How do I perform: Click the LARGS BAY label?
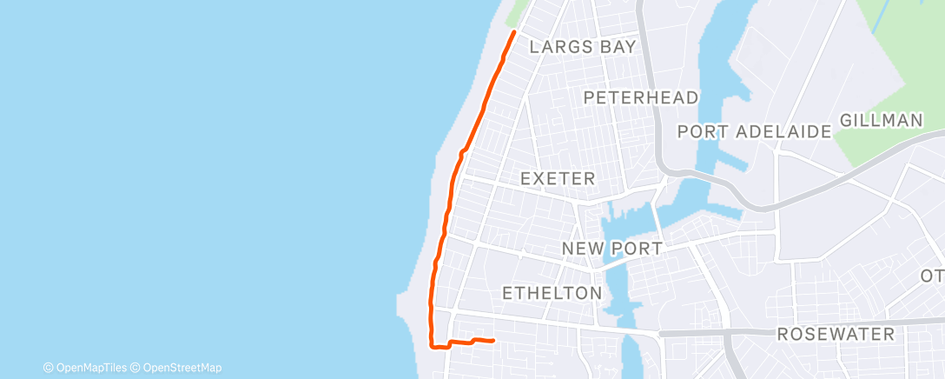click(583, 47)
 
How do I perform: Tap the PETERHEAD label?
click(641, 97)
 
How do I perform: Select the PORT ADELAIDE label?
click(755, 132)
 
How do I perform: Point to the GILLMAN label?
click(881, 121)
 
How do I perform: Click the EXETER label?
click(558, 179)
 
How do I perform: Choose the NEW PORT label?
click(611, 249)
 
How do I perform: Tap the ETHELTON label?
click(552, 293)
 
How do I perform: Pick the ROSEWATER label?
click(836, 335)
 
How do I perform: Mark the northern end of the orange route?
click(514, 32)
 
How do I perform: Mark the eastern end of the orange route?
click(492, 340)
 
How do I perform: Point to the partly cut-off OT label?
click(932, 276)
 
